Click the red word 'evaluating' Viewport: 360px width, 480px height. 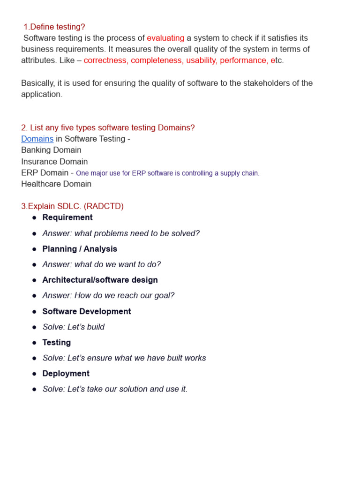[x=165, y=38]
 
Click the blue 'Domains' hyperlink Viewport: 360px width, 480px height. [x=37, y=139]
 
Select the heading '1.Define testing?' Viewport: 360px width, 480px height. [x=54, y=27]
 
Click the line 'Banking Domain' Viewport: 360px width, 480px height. [x=51, y=150]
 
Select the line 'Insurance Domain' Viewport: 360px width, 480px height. [x=54, y=161]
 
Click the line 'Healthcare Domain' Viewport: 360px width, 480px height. [x=56, y=184]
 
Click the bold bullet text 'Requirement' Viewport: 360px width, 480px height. [x=67, y=217]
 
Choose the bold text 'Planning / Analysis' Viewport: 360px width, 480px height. [x=80, y=249]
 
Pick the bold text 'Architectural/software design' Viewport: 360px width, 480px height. [x=100, y=280]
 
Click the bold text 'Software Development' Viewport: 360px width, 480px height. [x=87, y=311]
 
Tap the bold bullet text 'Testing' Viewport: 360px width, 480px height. [x=57, y=342]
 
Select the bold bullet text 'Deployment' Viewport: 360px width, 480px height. [x=66, y=374]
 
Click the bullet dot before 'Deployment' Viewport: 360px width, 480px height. [x=34, y=374]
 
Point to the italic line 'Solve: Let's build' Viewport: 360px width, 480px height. [x=74, y=327]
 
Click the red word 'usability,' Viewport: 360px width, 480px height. [x=202, y=60]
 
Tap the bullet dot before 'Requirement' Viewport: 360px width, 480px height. [x=34, y=218]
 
